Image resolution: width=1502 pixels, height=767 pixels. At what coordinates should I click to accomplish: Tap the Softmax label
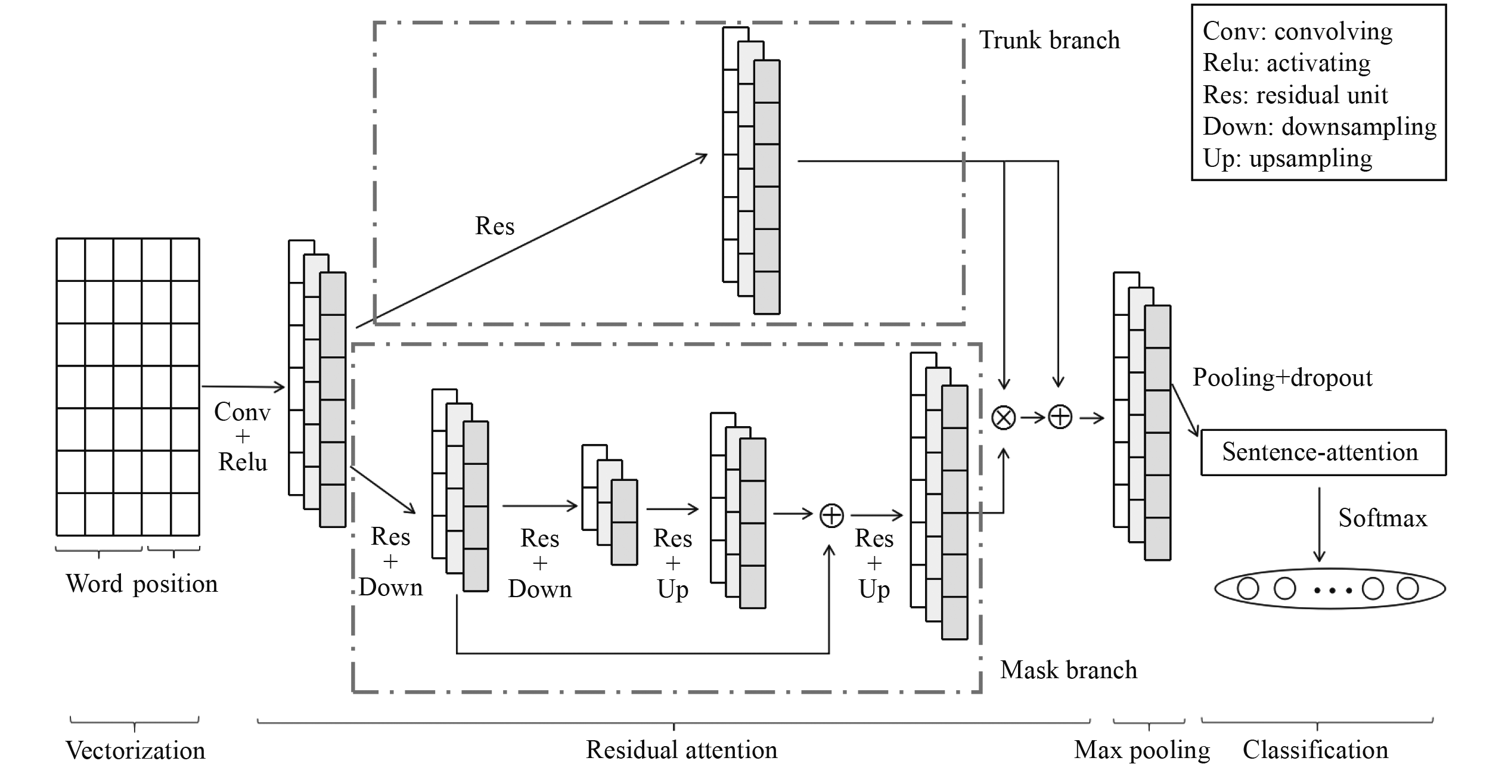[1383, 518]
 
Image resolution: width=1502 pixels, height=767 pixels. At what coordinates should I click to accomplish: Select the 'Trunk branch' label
[1050, 41]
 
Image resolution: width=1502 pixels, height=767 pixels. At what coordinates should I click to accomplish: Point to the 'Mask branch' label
[1069, 670]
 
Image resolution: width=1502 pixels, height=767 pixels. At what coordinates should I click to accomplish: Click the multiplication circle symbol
[1004, 417]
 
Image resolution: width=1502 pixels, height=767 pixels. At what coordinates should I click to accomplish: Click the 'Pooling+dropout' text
[1283, 378]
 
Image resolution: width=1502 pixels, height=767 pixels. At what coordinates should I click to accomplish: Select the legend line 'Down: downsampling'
[1319, 127]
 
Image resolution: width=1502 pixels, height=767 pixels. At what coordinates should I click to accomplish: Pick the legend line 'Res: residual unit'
[1295, 95]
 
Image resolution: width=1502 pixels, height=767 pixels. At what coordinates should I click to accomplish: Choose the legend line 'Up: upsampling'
[1287, 159]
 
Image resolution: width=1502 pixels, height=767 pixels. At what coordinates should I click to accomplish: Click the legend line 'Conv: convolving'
[1298, 32]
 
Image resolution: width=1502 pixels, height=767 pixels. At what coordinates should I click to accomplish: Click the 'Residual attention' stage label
[681, 750]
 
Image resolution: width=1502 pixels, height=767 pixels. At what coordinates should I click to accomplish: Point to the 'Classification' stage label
[1315, 750]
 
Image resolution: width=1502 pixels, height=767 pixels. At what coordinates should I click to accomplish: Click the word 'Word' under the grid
[94, 583]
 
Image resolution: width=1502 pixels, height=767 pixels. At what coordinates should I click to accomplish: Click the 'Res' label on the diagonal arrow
[495, 226]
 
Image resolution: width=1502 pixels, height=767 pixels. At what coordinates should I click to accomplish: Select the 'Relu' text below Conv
[243, 462]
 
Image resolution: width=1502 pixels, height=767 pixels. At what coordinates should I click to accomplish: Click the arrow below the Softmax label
[1320, 524]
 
